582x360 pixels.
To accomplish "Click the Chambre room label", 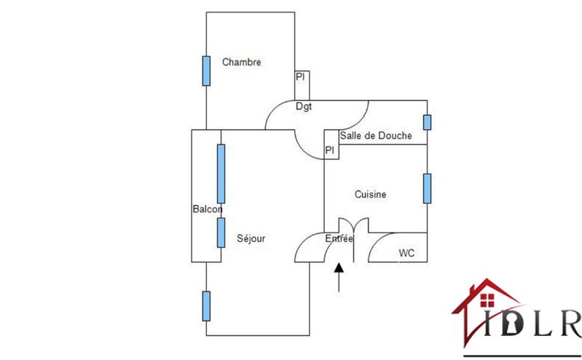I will point(242,62).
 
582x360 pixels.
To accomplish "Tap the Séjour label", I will point(251,238).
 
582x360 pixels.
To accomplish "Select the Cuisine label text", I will point(370,195).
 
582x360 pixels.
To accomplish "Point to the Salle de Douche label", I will point(376,136).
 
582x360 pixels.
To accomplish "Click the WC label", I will point(406,253).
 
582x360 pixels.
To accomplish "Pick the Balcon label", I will point(207,209).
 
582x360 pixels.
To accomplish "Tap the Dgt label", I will point(304,106).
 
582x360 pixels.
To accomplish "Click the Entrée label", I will point(339,238).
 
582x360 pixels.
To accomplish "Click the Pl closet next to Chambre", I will point(300,77).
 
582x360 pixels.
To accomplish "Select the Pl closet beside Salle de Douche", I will point(330,151).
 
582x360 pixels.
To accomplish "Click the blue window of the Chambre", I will point(206,69).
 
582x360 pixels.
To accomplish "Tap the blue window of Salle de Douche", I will point(428,122).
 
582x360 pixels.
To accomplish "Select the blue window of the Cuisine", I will point(428,188).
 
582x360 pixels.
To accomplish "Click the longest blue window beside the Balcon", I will point(221,173).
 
